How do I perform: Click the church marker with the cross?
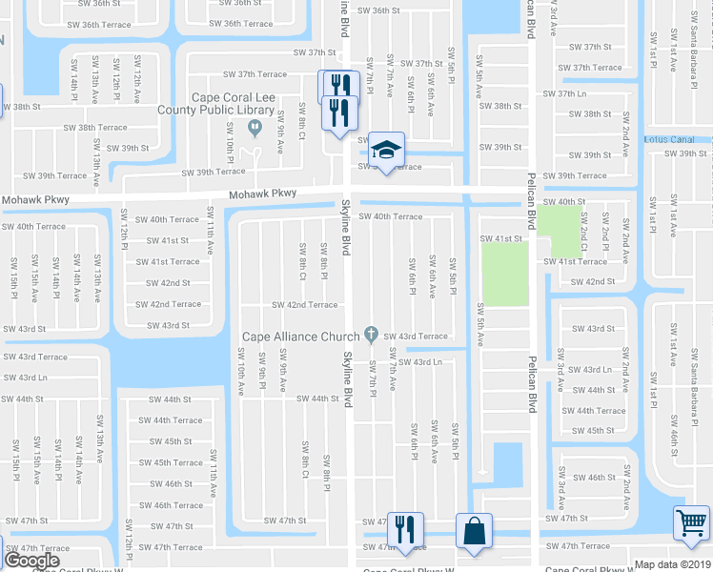pos(368,336)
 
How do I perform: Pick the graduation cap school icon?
pos(386,150)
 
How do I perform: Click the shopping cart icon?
pos(691,521)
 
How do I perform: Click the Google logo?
pos(32,561)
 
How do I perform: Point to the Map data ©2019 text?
pos(672,564)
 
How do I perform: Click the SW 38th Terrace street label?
pos(95,127)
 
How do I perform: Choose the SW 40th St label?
pos(562,202)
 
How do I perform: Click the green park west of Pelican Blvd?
pos(505,275)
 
